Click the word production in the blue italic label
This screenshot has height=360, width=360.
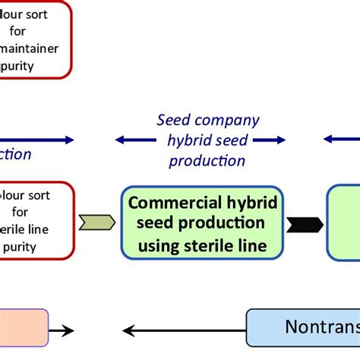(207, 160)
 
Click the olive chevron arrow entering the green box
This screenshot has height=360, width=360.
(101, 223)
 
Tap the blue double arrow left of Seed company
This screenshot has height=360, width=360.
(131, 140)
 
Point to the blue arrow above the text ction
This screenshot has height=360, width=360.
(38, 140)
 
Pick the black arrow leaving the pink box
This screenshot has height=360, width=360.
(62, 330)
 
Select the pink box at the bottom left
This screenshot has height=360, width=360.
(23, 328)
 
